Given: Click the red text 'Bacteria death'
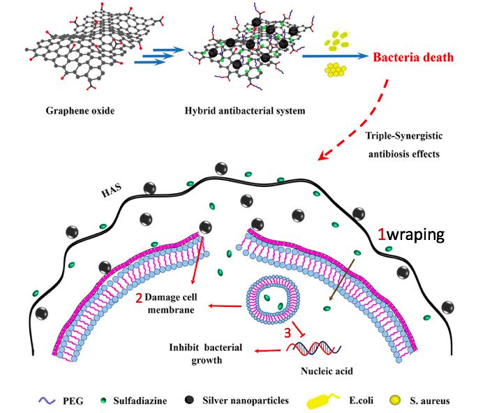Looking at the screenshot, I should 416,58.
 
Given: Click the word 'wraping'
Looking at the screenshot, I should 415,234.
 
